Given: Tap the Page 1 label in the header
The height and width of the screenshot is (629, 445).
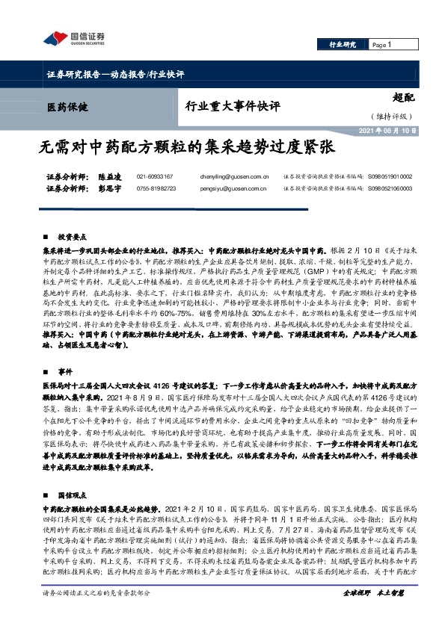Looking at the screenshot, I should (x=382, y=46).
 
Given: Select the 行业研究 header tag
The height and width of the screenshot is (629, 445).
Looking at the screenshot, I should (x=343, y=46).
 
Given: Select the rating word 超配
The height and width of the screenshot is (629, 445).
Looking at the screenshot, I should (x=404, y=97).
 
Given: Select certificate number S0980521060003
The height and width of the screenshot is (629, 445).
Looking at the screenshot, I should (x=390, y=190).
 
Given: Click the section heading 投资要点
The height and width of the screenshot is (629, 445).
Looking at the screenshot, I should (x=72, y=234).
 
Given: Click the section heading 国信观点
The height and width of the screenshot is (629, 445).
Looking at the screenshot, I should (x=72, y=474).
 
